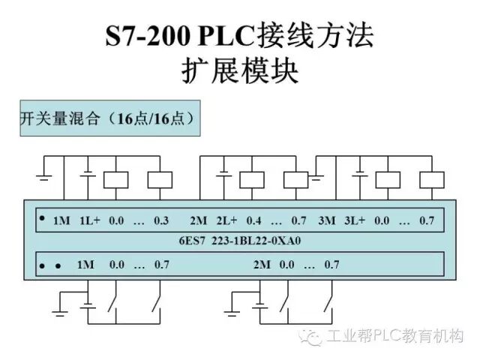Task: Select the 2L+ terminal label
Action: [226, 220]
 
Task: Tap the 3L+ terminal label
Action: [355, 220]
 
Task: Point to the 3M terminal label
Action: [327, 220]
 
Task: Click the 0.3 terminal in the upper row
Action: [161, 220]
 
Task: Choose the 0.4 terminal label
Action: [253, 220]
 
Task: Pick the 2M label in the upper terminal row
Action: [198, 220]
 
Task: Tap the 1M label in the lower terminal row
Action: [85, 265]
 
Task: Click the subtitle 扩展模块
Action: [240, 70]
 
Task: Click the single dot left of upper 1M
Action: [42, 218]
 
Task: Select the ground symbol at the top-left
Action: [43, 176]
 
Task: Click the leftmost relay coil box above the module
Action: [115, 179]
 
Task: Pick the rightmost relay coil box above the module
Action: [430, 179]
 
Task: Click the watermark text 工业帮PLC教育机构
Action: [396, 335]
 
